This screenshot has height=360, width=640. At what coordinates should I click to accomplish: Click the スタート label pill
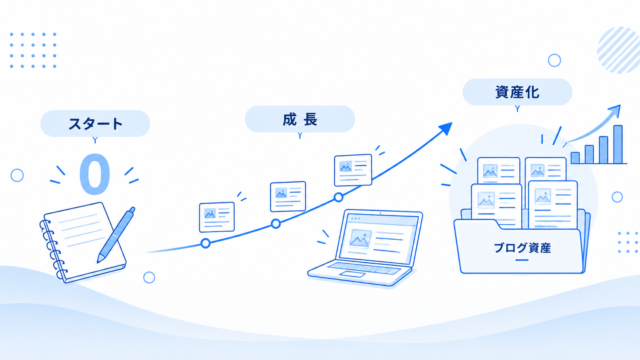(95, 123)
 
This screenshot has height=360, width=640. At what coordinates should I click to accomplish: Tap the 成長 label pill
(300, 119)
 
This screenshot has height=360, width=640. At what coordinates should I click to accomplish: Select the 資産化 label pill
(517, 92)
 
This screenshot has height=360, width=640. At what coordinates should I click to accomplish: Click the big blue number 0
(95, 174)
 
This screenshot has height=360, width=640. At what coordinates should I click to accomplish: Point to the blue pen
(116, 235)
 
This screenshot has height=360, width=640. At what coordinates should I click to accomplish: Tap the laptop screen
(379, 236)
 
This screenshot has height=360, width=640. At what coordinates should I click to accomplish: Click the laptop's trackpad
(352, 274)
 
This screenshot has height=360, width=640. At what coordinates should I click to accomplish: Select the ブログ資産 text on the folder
(522, 248)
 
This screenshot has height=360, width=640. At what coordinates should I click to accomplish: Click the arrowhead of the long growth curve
(446, 129)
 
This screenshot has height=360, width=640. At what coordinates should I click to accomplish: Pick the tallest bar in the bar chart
(618, 144)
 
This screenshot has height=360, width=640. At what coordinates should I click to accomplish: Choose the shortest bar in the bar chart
(575, 158)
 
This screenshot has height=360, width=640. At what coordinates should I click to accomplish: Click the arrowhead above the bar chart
(615, 111)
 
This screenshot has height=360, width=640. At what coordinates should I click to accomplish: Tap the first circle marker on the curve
(206, 244)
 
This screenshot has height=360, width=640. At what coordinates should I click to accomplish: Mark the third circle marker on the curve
(338, 198)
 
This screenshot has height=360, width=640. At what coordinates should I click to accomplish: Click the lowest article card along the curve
(217, 217)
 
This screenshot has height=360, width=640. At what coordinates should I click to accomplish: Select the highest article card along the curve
(353, 170)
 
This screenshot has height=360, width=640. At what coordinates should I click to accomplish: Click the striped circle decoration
(618, 50)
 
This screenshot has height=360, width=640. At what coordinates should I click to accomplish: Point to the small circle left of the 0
(17, 176)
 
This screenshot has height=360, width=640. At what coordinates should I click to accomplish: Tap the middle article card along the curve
(288, 196)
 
